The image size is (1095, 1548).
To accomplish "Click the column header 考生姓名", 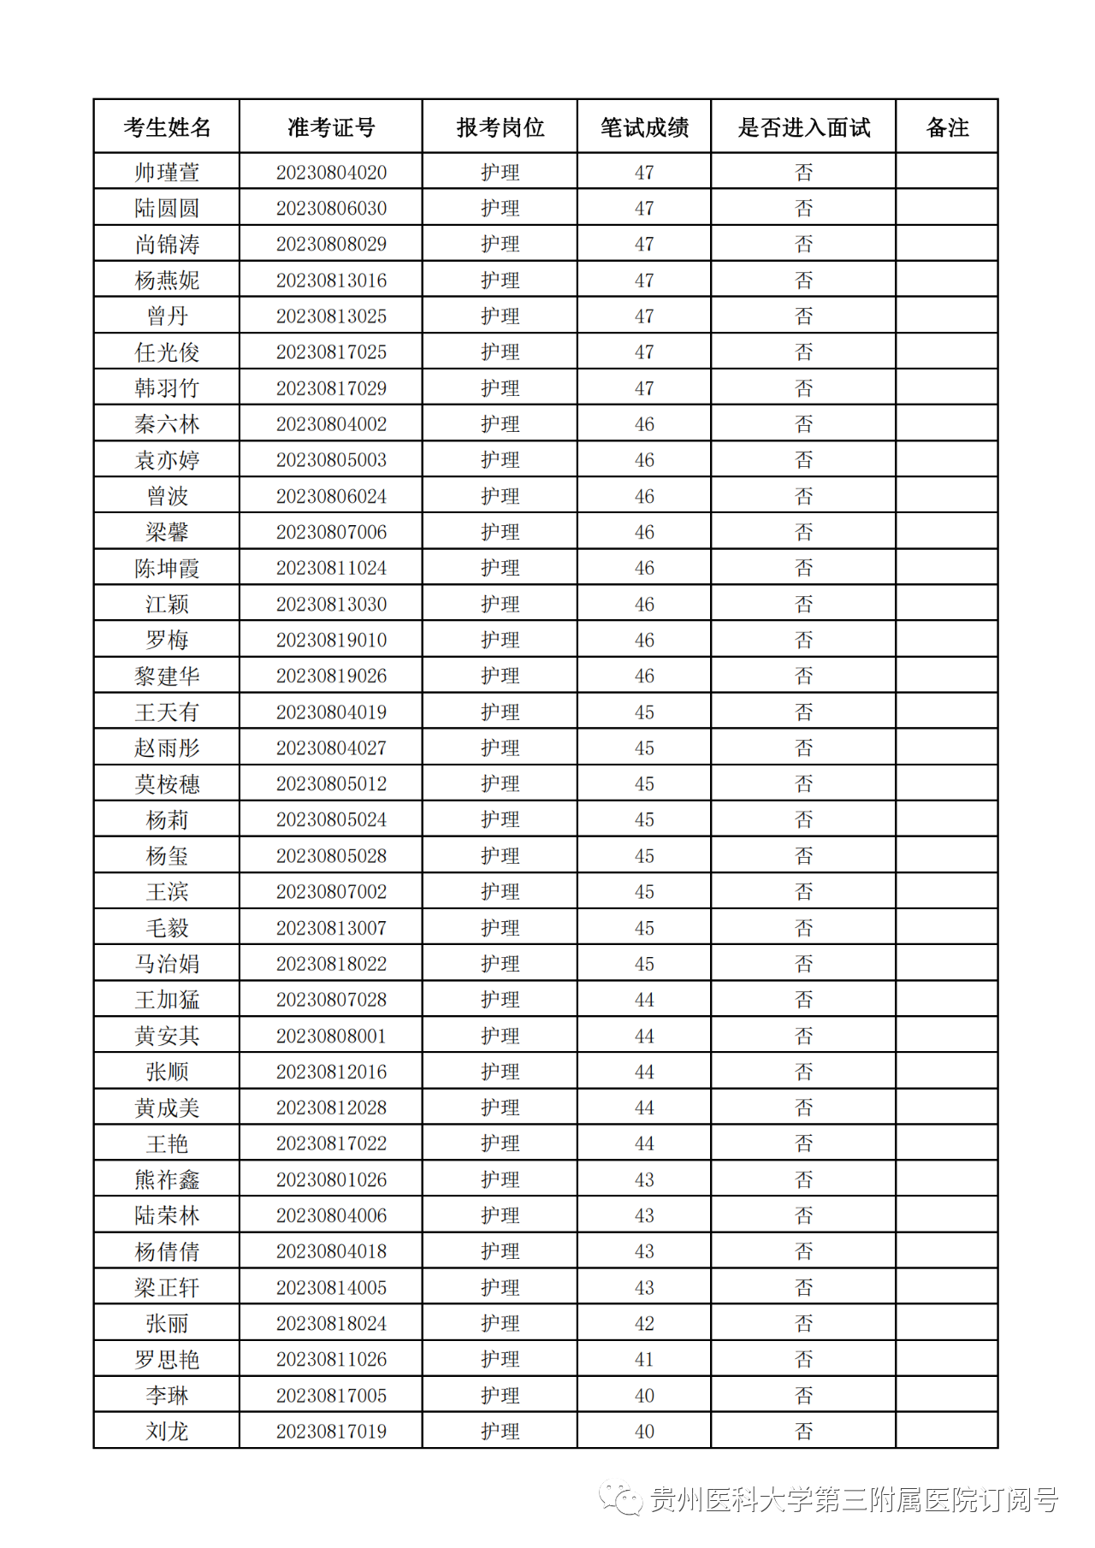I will click(x=167, y=127).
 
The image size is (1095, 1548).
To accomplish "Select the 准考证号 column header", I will click(x=331, y=127).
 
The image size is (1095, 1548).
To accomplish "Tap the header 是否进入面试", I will click(x=803, y=127).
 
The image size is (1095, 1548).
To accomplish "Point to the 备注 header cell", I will click(x=947, y=127).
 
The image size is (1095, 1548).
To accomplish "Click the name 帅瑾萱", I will click(x=167, y=172).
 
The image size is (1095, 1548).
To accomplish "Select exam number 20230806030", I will click(x=331, y=208).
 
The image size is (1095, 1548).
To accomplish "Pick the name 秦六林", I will click(x=167, y=424).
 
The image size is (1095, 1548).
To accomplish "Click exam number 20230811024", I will click(x=331, y=568).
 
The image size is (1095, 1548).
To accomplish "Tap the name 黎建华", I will click(x=167, y=676).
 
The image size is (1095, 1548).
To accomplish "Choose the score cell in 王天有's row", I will click(x=644, y=712).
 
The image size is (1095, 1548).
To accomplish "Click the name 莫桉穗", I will click(x=167, y=783).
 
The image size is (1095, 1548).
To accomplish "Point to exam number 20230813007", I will click(x=331, y=928).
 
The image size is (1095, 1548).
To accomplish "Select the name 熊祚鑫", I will click(x=167, y=1179).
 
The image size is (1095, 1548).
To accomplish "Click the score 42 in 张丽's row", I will click(x=644, y=1323).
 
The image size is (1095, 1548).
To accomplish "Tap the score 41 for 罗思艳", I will click(x=644, y=1359).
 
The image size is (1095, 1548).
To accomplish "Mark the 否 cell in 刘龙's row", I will click(x=803, y=1431).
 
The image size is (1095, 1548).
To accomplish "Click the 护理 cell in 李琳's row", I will click(x=500, y=1395).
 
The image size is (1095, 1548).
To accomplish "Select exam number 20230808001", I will click(x=331, y=1036).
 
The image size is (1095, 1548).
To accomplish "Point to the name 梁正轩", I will click(x=167, y=1287).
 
